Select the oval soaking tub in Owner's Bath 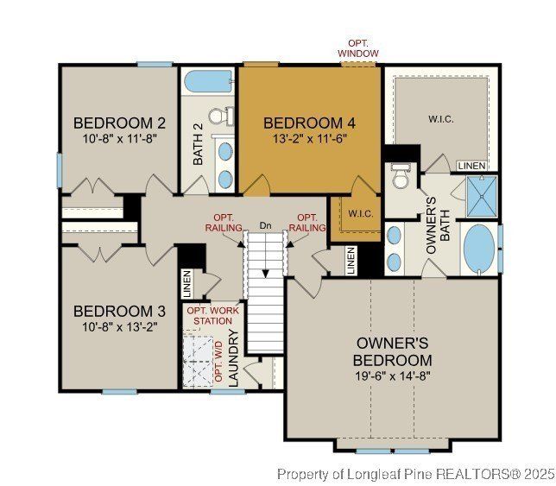(480, 249)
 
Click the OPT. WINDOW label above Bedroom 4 (357, 48)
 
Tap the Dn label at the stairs (266, 226)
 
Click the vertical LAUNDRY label (232, 354)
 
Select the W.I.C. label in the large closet (440, 118)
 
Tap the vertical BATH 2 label (198, 143)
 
